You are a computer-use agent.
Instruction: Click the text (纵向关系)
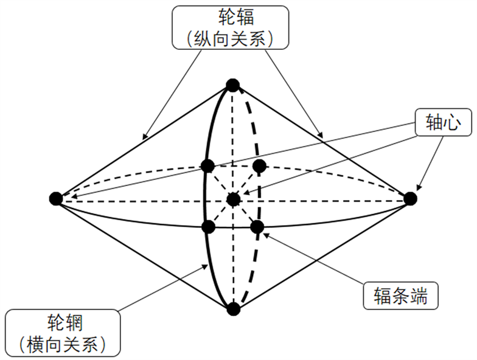pos(231,39)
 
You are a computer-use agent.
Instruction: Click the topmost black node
pos(232,85)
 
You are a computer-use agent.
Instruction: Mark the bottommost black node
pos(232,309)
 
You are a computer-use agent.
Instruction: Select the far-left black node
pos(56,198)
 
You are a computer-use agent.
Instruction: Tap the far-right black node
pos(410,198)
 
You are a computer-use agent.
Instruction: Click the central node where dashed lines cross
pos(233,198)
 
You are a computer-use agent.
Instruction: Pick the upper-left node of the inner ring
pos(207,165)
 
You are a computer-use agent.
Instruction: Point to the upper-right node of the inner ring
pos(259,165)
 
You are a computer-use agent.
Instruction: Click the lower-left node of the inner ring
pos(208,227)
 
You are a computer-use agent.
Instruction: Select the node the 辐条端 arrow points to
pos(257,227)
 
